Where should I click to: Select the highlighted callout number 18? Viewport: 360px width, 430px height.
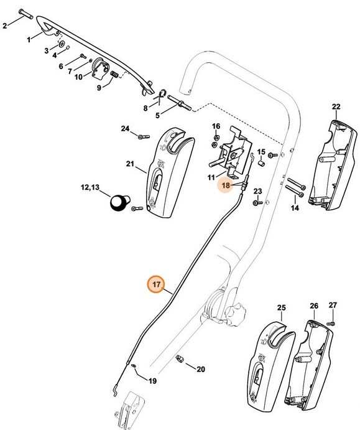pos(226,185)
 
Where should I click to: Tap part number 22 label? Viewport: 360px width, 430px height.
pos(336,107)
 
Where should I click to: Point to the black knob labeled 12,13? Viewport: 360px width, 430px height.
pos(118,203)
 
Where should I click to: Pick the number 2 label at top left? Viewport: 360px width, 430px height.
pos(5,26)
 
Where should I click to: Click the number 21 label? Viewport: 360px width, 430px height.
pos(130,164)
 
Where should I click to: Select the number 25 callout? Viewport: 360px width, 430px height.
pos(281,307)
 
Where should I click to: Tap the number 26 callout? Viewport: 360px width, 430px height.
pos(314,306)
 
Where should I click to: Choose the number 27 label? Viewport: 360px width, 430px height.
pos(333,305)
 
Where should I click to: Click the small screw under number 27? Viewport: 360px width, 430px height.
pos(331,322)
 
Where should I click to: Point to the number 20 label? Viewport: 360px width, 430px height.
pos(200,369)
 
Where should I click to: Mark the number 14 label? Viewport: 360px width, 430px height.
pos(294,208)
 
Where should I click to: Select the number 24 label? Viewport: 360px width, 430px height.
pos(124,129)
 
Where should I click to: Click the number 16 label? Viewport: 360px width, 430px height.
pos(216,126)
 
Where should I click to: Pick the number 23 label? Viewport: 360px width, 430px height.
pos(257,190)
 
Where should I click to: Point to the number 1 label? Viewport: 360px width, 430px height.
pos(29,40)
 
